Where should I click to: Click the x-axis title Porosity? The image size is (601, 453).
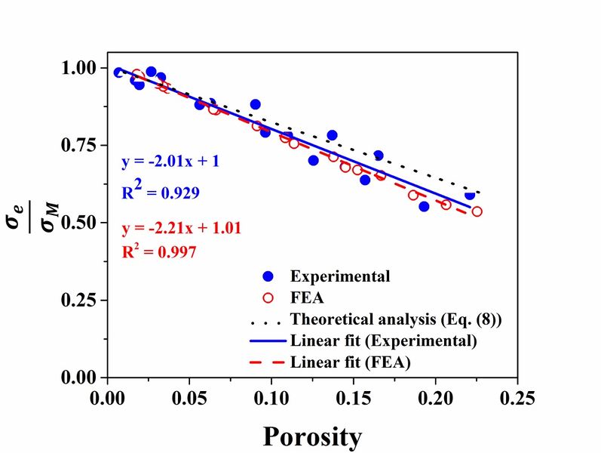pos(312,436)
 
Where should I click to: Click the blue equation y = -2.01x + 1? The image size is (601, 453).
pos(170,162)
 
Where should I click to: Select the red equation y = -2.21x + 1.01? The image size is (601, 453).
pos(181,226)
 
